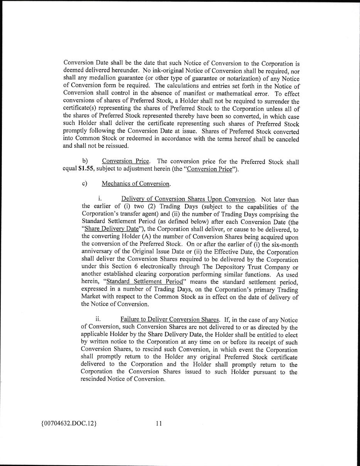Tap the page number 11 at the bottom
coord(159,424)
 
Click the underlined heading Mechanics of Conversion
coord(136,184)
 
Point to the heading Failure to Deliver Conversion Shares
coord(169,319)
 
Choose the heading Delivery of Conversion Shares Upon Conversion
coord(188,199)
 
